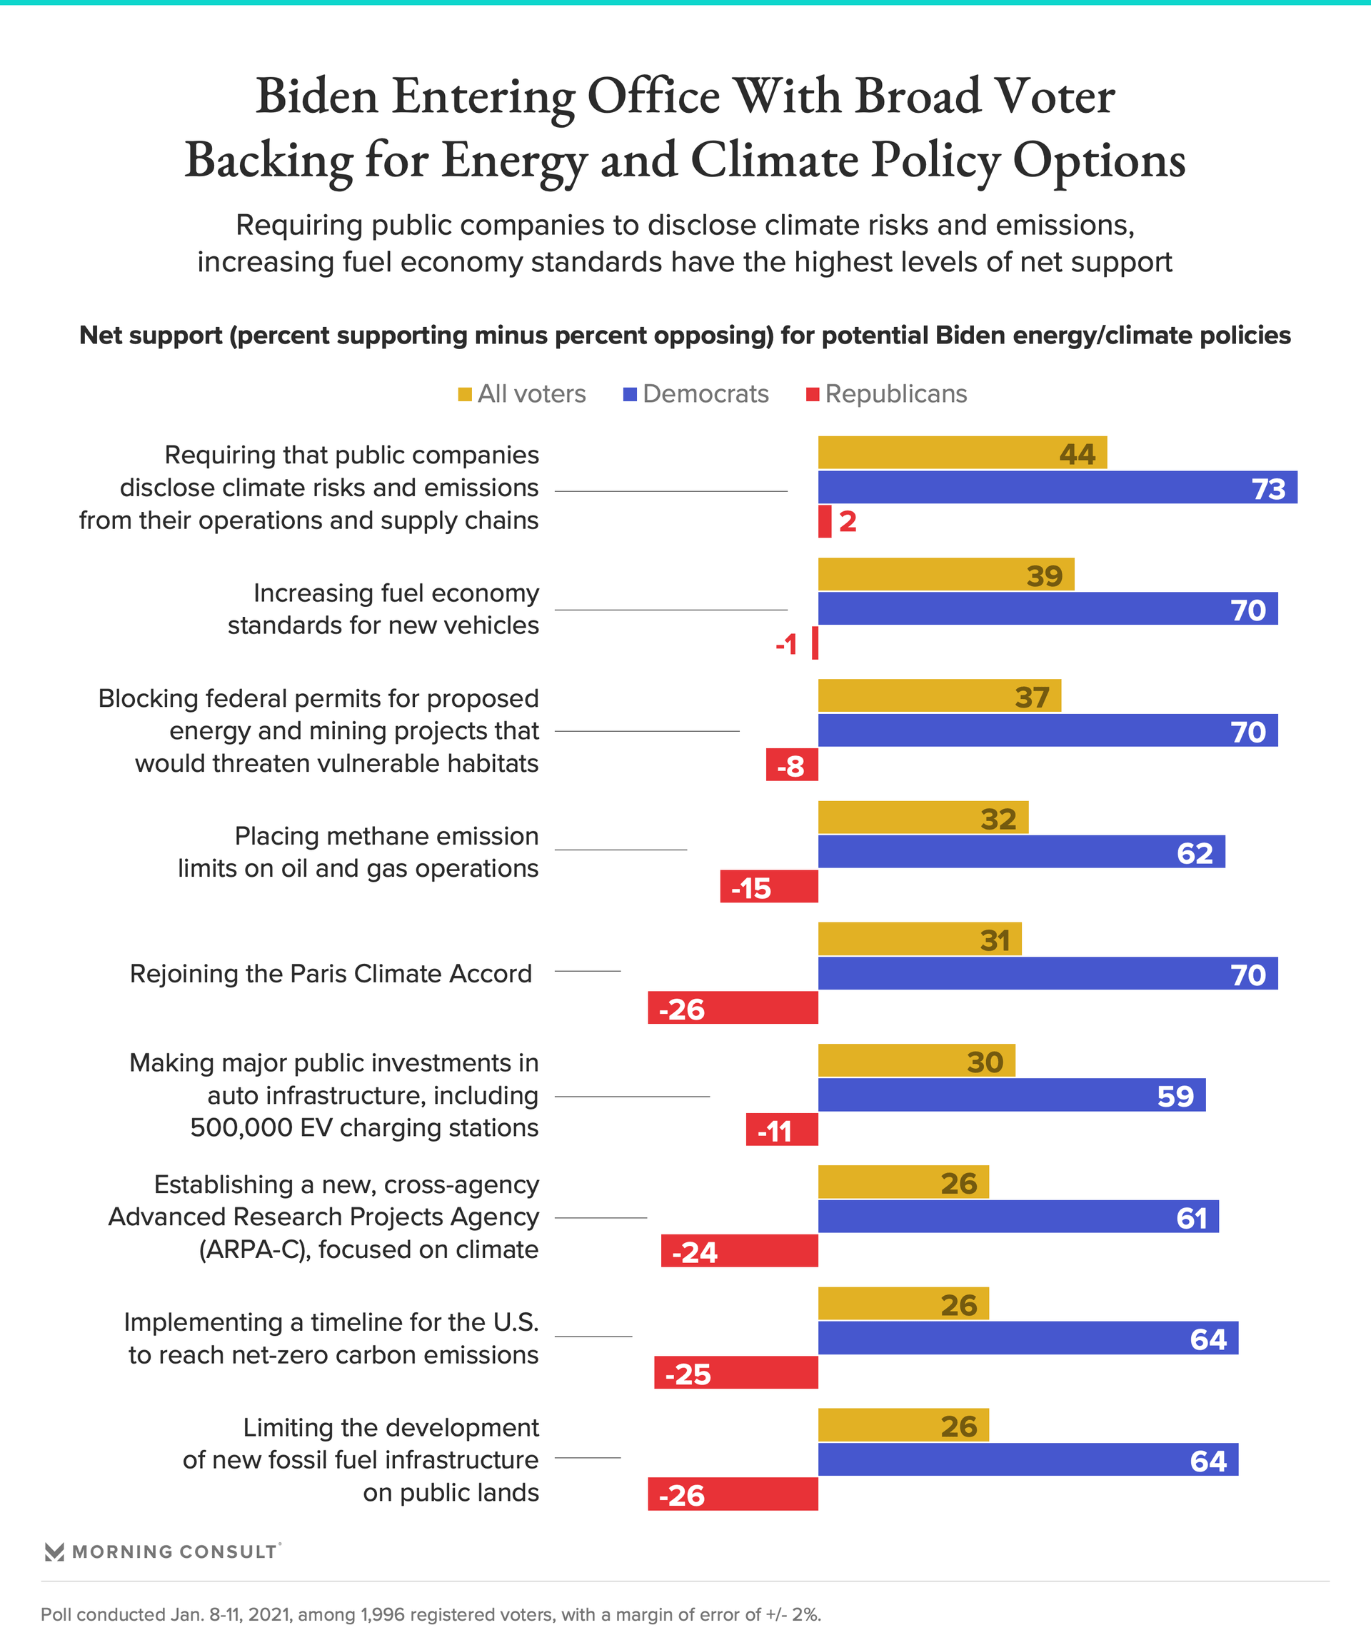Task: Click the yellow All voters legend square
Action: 465,394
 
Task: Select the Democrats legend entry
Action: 695,394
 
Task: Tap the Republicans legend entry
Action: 887,394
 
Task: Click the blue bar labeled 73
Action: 1057,487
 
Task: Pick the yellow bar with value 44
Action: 962,453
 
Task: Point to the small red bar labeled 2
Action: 824,522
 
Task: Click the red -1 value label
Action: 785,645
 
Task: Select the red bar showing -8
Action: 791,765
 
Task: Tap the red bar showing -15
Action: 768,887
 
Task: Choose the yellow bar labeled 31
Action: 919,939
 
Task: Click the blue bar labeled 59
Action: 1011,1095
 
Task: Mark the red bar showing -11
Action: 781,1130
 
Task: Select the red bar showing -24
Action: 739,1251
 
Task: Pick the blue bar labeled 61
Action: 1018,1217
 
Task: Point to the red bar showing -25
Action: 735,1373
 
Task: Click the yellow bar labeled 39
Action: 945,574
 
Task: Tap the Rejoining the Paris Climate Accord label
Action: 331,974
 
